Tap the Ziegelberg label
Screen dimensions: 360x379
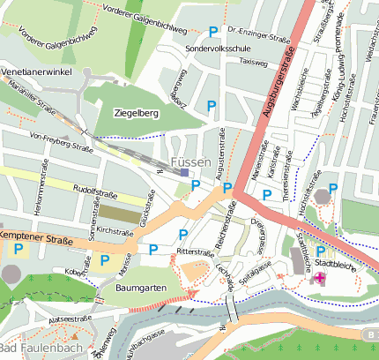click(x=136, y=113)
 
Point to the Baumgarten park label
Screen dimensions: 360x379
click(x=141, y=288)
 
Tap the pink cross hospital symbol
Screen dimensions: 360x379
click(x=319, y=279)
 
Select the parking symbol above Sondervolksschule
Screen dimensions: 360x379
click(x=212, y=33)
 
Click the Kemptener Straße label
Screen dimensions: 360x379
click(x=36, y=238)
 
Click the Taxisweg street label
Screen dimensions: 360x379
click(x=253, y=64)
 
